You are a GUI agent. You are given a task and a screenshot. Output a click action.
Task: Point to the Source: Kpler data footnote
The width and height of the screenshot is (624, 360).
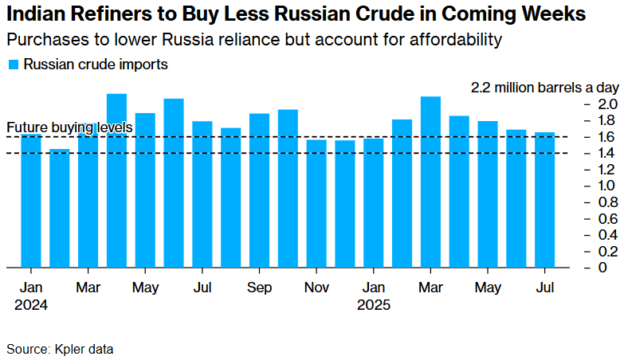(x=60, y=348)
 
